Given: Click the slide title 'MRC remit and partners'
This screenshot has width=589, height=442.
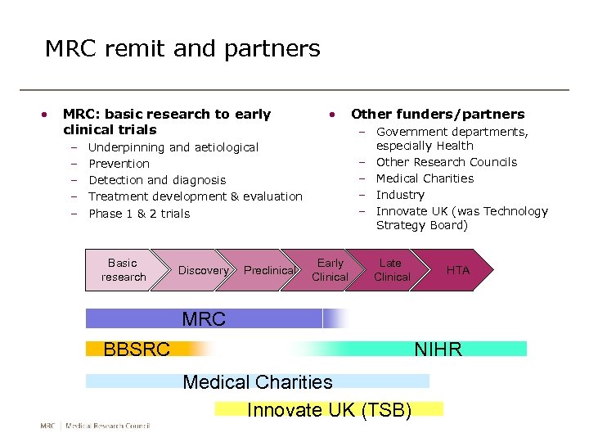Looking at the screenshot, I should click(182, 49).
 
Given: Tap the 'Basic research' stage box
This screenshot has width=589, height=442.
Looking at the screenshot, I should click(123, 270).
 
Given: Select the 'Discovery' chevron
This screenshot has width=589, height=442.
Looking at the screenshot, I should click(204, 270).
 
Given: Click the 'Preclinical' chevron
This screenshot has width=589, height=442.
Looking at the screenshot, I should click(269, 270).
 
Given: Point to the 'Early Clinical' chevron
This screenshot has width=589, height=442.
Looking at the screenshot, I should click(330, 270).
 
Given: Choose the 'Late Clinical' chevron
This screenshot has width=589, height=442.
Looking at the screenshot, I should click(391, 270).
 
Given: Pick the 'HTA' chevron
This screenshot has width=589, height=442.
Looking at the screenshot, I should click(457, 270).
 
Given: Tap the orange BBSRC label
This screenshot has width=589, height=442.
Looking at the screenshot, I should click(137, 350).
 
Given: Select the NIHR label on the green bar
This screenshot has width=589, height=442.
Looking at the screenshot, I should click(438, 350).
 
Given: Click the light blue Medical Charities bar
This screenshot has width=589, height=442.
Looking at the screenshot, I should click(258, 381).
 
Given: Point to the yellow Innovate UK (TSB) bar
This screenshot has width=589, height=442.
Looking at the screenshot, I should click(329, 409).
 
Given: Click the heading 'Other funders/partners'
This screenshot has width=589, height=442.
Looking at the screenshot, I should click(438, 114).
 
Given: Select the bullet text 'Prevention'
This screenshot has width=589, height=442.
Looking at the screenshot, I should click(119, 164).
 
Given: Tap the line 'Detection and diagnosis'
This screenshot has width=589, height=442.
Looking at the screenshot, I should click(157, 180).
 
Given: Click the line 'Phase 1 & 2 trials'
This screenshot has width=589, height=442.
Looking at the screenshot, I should click(139, 214).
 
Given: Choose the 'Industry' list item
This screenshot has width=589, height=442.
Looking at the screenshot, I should click(400, 195).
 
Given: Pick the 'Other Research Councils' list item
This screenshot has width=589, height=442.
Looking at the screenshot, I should click(447, 162).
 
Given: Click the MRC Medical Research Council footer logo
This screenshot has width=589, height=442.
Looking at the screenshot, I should click(95, 426).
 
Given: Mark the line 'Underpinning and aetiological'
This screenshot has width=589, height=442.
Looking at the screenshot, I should click(173, 147).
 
